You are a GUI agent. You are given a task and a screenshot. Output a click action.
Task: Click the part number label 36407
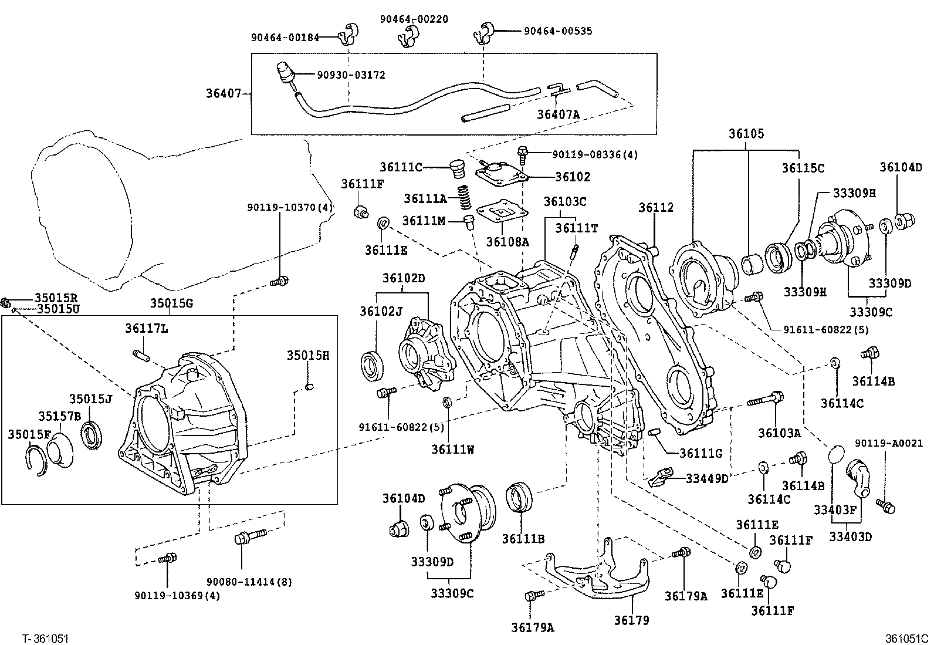(223, 93)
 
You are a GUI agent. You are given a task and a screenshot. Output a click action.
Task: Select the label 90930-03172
(351, 75)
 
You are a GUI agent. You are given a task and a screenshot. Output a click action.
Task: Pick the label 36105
(746, 134)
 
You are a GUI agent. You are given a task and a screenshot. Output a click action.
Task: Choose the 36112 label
(656, 208)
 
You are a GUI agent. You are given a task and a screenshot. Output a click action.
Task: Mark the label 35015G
(171, 303)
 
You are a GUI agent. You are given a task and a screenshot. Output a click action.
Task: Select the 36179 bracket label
(631, 620)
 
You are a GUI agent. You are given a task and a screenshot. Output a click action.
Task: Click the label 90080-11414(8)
(249, 582)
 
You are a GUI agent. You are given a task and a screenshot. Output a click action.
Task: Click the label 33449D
(706, 478)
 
